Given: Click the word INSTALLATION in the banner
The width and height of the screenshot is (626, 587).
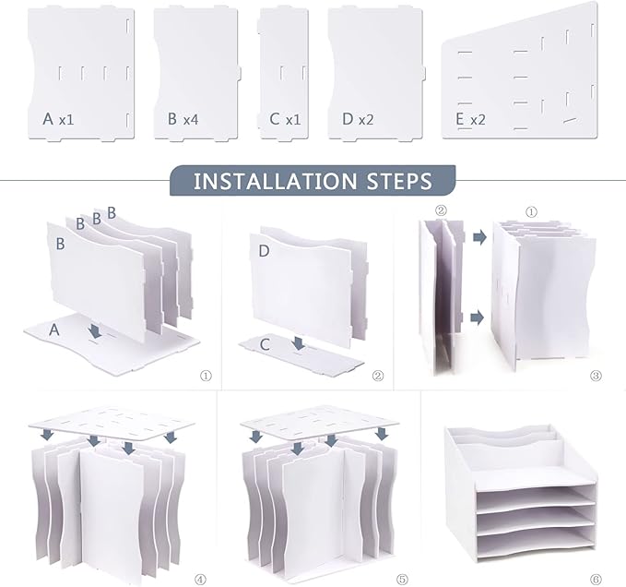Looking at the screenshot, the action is pos(275,181).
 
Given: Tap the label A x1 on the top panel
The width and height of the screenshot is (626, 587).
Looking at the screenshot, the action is pos(58,119).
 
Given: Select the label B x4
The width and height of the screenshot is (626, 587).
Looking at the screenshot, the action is pos(183,119).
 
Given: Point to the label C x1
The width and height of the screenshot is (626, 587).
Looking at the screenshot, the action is pos(285,119).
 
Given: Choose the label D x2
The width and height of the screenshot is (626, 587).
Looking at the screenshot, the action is pos(358,119).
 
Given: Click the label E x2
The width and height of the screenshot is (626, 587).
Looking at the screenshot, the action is pos(470,119).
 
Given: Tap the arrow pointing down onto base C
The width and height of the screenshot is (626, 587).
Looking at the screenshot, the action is pos(298,342).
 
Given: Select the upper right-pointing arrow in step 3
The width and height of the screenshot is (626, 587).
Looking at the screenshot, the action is pos(480,237).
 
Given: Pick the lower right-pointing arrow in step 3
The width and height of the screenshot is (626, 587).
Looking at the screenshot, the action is pos(477,317).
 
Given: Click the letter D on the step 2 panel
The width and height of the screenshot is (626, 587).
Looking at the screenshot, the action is pos(264,251).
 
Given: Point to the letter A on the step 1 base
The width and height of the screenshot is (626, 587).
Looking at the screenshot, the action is pos(53,330).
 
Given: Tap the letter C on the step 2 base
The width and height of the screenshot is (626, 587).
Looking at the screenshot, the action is pos(265,344).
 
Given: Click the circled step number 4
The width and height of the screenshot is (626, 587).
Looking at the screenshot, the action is pos(200,579).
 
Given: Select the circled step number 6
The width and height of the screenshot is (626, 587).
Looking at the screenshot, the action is pos(596,579).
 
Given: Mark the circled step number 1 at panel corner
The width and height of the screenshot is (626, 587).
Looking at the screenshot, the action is pos(206,376).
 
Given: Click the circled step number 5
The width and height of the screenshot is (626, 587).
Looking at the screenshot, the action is pos(402,579).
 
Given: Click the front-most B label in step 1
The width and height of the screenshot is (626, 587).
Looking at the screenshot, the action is pos(60,244).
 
